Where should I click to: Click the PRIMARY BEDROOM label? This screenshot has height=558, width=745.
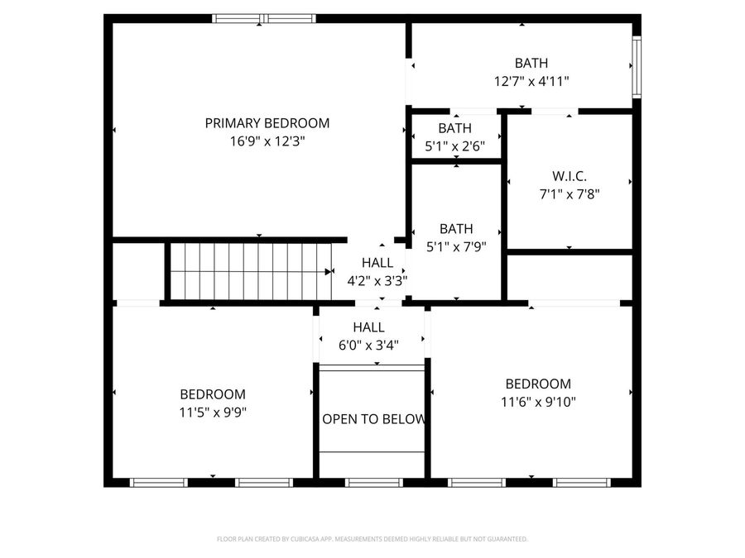tap(267, 123)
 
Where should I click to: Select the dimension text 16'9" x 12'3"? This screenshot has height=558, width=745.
tap(267, 141)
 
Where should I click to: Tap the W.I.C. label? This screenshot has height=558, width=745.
tap(569, 176)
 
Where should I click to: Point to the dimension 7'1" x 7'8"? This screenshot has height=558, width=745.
tap(569, 194)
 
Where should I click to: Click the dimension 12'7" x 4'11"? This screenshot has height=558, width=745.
tap(531, 81)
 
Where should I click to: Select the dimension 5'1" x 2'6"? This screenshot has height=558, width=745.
tap(454, 146)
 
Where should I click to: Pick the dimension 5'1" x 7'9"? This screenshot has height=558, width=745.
tap(456, 246)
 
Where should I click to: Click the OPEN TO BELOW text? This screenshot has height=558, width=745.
tap(373, 419)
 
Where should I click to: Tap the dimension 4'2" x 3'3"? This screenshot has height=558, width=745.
tap(377, 280)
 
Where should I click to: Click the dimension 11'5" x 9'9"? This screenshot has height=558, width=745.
tap(213, 412)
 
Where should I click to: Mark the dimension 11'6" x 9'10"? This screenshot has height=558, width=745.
tap(538, 402)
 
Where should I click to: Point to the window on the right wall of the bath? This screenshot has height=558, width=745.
tap(637, 66)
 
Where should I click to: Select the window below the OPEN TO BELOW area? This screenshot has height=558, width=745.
tap(373, 482)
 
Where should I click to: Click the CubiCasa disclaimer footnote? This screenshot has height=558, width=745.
tap(372, 539)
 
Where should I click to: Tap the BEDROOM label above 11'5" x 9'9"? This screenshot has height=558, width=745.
tap(213, 394)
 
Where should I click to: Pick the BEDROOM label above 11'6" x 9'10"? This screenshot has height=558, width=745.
tap(538, 384)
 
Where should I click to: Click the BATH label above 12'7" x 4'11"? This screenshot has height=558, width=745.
tap(531, 63)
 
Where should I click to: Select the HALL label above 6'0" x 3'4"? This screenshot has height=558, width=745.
tap(368, 327)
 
